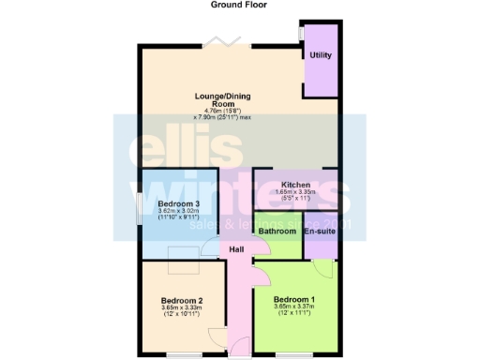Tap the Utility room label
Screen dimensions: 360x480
(320, 56)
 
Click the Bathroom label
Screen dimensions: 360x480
(277, 231)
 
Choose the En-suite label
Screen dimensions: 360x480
(320, 231)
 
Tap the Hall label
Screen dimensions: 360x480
(237, 250)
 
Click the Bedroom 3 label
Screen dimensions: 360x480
(178, 204)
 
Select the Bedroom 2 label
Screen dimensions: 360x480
(182, 301)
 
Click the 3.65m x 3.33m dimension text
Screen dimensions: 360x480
(182, 308)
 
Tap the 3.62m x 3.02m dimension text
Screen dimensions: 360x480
(178, 212)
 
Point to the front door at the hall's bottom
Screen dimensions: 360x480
(239, 354)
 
